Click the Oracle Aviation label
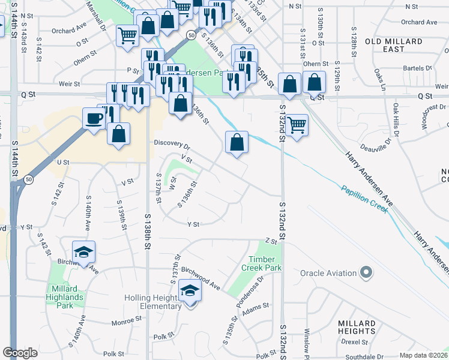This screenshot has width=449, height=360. [x=328, y=274]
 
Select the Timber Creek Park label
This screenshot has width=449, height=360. [x=261, y=263]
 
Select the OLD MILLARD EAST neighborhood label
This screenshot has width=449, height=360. [x=393, y=45]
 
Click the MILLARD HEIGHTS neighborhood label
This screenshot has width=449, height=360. [x=356, y=327]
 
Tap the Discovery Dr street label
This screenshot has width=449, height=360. [x=172, y=145]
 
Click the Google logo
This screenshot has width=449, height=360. [x=20, y=353]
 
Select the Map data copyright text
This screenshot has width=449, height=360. [x=423, y=355]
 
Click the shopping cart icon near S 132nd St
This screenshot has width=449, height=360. [x=297, y=126]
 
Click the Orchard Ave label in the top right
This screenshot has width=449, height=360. [x=419, y=22]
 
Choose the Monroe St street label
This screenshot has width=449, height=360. [x=126, y=322]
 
